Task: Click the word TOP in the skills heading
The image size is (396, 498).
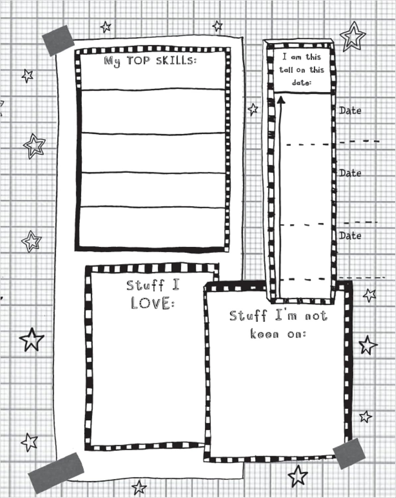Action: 139,60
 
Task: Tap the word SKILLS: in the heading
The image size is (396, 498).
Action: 176,61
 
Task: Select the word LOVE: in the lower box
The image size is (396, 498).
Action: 152,303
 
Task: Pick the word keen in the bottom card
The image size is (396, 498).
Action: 264,334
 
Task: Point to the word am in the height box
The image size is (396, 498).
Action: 296,57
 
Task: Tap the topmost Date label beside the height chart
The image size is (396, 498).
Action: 350,111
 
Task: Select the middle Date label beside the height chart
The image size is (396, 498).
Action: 350,173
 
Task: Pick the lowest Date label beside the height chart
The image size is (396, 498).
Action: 350,236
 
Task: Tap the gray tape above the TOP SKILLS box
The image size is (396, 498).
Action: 58,41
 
